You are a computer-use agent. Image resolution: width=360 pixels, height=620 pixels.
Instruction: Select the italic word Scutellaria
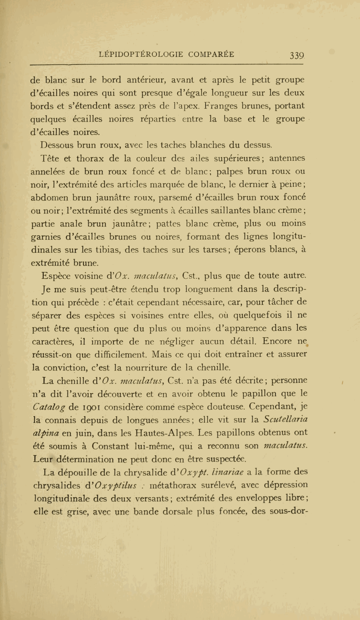coord(286,420)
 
